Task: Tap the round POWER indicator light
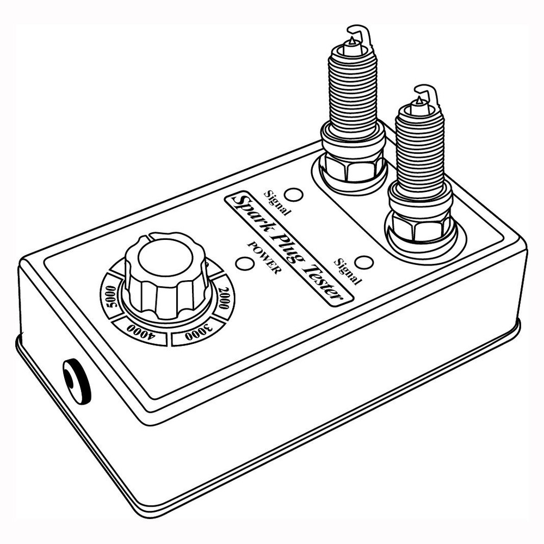coord(244,264)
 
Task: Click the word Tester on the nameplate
coord(323,278)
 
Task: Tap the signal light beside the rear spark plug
coord(294,195)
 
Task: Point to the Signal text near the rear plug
coord(276,202)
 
